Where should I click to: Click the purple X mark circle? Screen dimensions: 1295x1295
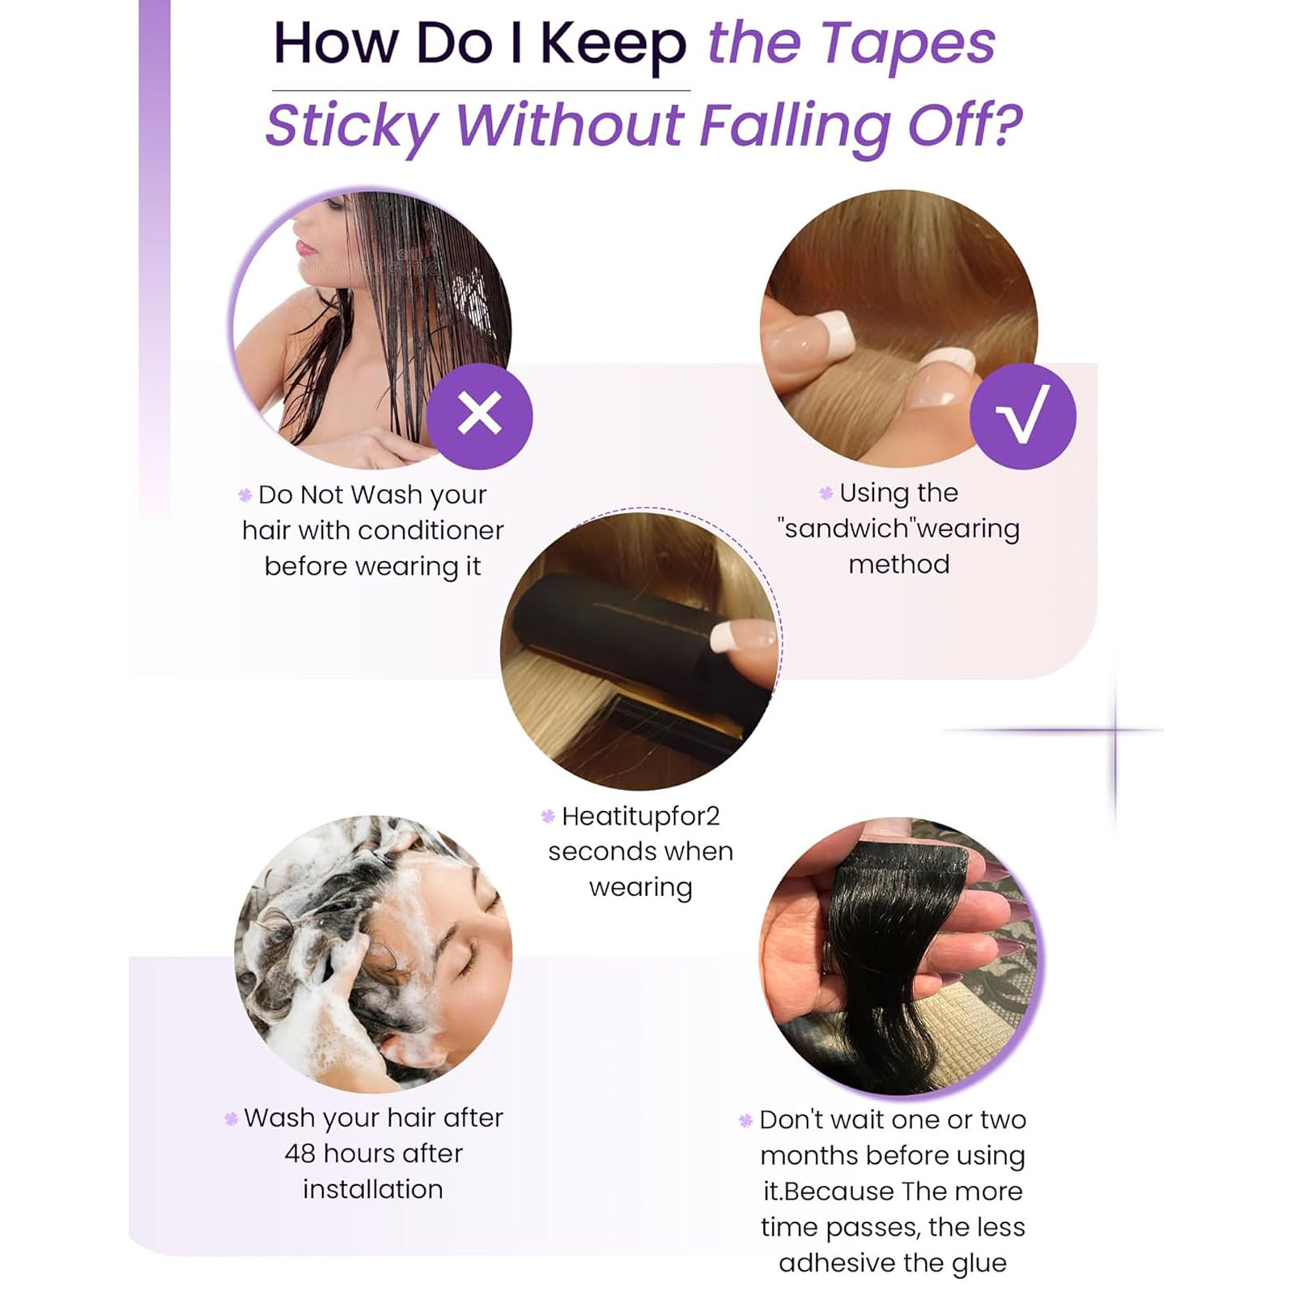pos(479,415)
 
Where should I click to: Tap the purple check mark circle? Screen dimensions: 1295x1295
pos(1022,415)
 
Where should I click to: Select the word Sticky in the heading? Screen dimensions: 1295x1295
pos(351,125)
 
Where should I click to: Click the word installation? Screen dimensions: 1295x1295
pos(373,1189)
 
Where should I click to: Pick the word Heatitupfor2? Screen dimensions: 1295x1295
pos(640,816)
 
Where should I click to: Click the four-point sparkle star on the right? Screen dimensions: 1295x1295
pos(1115,730)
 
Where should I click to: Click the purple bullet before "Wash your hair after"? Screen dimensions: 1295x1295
pos(231,1119)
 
